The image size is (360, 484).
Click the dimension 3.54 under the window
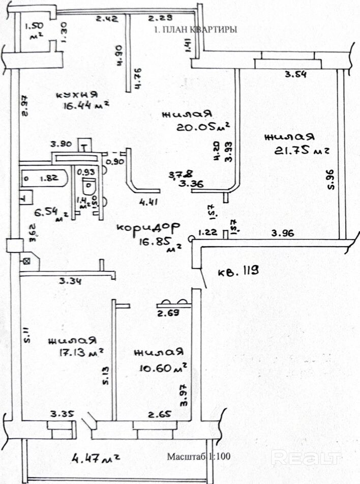pos(296,75)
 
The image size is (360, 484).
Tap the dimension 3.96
pos(283,234)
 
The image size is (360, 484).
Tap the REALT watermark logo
pos(306,458)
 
